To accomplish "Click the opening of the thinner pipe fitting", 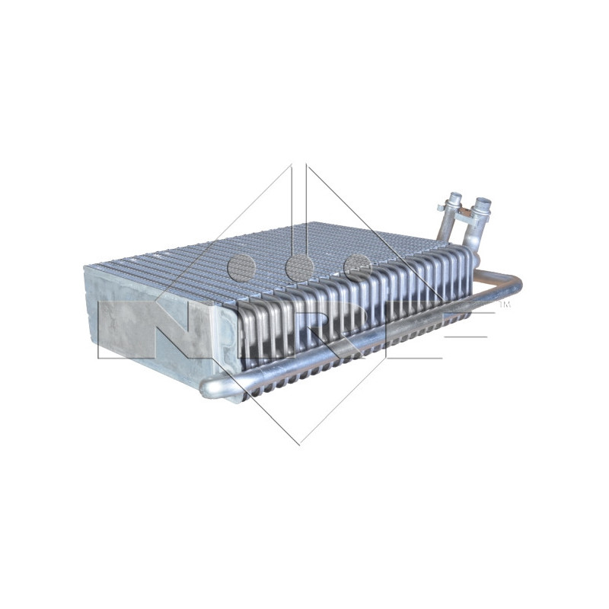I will pos(454,197).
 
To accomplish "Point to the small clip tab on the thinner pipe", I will pos(441,207).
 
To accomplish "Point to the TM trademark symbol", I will pos(503,305).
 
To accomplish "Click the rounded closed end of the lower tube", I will pos(207,389).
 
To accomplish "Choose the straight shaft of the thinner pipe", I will pos(448,228).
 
